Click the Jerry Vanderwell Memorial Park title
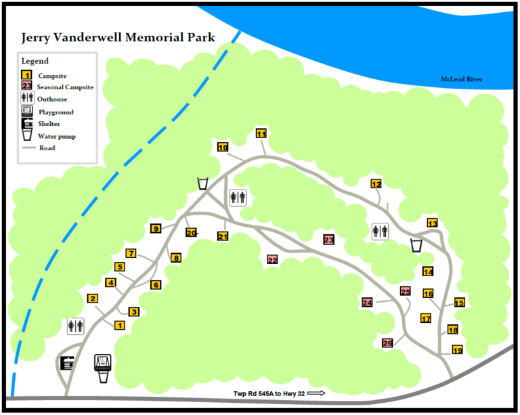[x=118, y=37]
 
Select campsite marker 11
[x=261, y=133]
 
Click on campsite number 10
[x=223, y=147]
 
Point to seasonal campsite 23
[x=329, y=239]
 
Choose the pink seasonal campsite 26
[x=388, y=343]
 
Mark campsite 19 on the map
[x=458, y=350]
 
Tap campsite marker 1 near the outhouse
[x=120, y=326]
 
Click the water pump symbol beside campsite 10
[x=202, y=183]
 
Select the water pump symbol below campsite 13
[x=416, y=244]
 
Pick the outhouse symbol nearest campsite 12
[x=380, y=231]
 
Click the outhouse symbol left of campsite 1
[x=75, y=326]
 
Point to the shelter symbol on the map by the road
[x=68, y=364]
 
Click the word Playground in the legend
[x=56, y=112]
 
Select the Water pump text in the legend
[x=57, y=135]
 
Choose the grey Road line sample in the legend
[x=28, y=148]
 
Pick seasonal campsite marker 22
[x=272, y=259]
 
